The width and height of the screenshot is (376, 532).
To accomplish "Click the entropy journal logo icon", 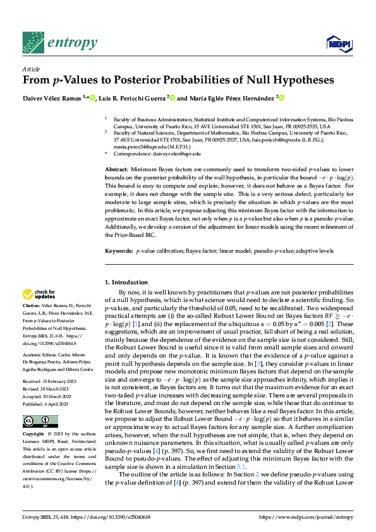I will pos(33,42).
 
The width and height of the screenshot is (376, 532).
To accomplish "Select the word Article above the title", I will pos(31,70).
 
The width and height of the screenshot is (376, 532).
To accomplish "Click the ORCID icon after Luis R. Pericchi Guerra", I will pos(172,98).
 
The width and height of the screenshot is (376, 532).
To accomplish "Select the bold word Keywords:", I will pos(119,251).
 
